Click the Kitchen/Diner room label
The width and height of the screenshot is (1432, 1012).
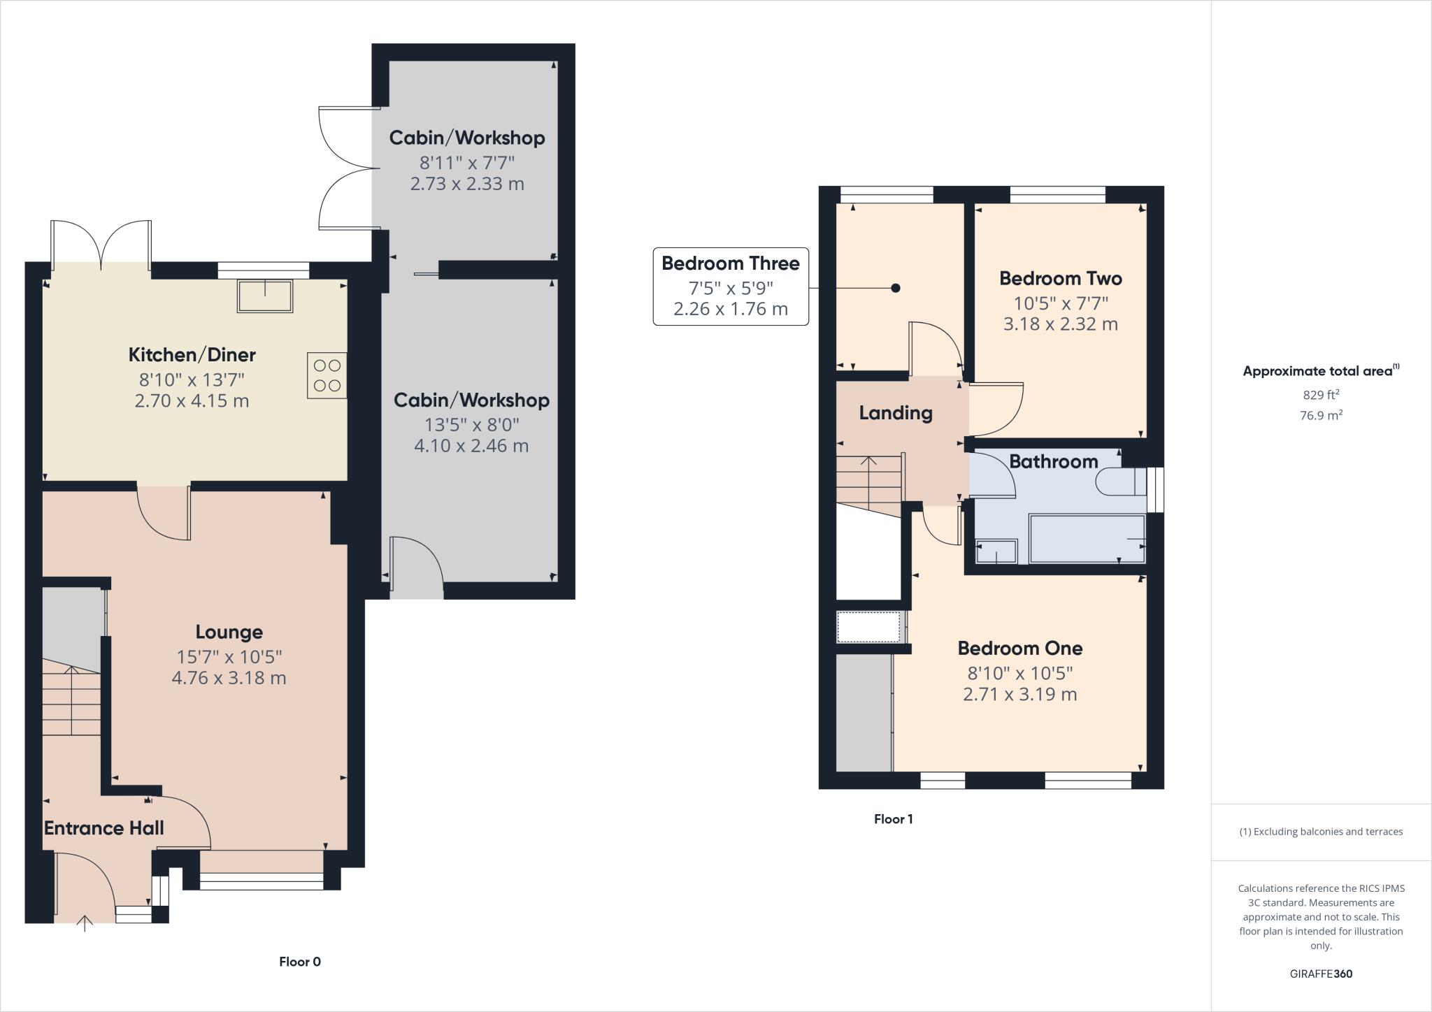pos(192,355)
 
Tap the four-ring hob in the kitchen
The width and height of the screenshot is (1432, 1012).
pos(327,375)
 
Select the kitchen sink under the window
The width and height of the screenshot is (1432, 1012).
pos(265,296)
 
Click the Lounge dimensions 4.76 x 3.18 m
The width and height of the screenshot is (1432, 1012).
pos(229,678)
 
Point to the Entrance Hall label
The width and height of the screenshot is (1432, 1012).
pos(103,828)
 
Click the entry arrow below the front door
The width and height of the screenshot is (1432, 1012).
pos(85,923)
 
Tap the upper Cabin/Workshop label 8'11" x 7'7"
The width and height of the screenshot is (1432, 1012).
pos(466,138)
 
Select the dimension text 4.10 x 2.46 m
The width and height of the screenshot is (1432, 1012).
pos(471,446)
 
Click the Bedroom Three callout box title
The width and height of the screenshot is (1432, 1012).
pos(730,263)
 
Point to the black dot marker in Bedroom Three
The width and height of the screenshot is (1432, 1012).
pos(895,288)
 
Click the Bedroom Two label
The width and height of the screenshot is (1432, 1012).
pos(1060,279)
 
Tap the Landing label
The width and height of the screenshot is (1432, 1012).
pos(895,413)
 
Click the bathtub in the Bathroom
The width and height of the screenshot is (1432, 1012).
pos(1087,538)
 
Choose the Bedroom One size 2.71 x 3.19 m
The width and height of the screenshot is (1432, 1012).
pos(1019,695)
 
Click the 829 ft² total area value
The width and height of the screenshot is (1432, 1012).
pos(1320,394)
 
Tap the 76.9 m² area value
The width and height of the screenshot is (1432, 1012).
pos(1320,415)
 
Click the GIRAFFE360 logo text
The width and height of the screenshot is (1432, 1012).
pos(1320,974)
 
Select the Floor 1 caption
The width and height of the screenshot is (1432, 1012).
pos(893,819)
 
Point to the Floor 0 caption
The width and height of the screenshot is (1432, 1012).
pos(299,962)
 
